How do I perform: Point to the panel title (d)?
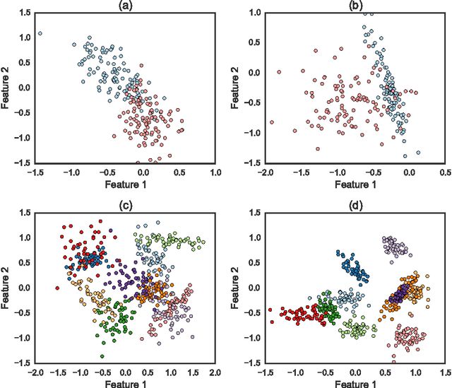click(355, 206)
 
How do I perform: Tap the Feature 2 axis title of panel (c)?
click(6, 287)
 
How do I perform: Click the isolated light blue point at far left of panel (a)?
click(40, 33)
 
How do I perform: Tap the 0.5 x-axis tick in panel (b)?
click(446, 172)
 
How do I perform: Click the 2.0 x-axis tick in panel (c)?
click(215, 371)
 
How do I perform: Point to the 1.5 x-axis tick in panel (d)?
click(446, 371)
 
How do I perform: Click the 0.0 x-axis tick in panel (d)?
click(355, 371)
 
